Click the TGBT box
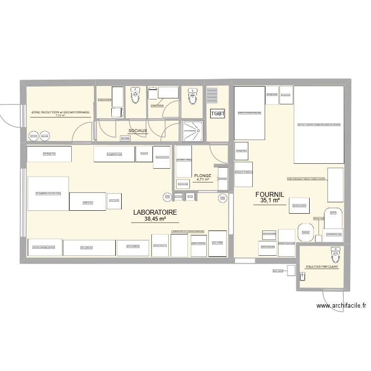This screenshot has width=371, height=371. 218,114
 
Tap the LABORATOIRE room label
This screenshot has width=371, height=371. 155,212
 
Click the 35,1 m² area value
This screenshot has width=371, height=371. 271,201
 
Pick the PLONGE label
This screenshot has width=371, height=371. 203,176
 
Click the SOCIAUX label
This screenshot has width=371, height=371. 138,131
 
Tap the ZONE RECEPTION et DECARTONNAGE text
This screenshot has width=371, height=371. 60,112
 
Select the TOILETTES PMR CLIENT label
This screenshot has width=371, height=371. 322,267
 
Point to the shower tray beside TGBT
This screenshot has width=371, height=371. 192,131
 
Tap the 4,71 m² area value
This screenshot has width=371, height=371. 203,180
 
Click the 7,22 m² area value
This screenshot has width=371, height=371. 60,116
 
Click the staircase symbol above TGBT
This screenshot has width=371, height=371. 212,94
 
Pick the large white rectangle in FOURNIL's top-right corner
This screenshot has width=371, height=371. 319,124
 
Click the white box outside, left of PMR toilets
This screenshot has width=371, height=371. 290,271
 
